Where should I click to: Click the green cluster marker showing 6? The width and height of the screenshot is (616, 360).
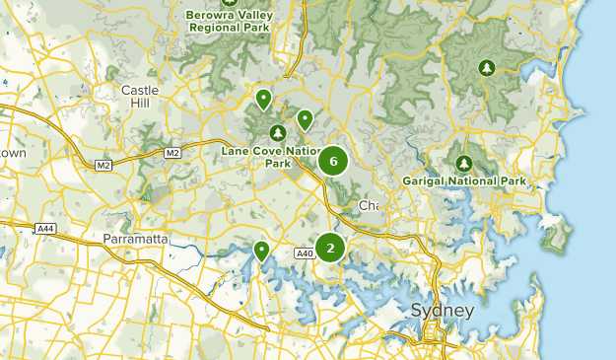pyautogui.click(x=333, y=161)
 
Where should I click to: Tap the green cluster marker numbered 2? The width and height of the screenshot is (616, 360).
pyautogui.click(x=330, y=248)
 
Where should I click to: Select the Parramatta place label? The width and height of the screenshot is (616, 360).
pyautogui.click(x=137, y=240)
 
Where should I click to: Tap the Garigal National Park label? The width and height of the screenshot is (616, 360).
pyautogui.click(x=464, y=181)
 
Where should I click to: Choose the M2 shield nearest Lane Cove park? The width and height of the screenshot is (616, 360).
pyautogui.click(x=172, y=153)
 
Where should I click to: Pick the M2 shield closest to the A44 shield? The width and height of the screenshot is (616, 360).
pyautogui.click(x=103, y=164)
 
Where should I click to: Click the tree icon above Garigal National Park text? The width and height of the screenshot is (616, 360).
pyautogui.click(x=464, y=163)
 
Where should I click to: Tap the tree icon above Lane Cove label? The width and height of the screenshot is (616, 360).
pyautogui.click(x=277, y=132)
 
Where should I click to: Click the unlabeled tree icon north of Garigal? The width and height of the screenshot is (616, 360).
pyautogui.click(x=485, y=67)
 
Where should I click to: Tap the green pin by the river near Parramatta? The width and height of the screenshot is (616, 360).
pyautogui.click(x=261, y=251)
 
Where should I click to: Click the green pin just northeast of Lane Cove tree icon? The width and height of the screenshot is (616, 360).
pyautogui.click(x=306, y=119)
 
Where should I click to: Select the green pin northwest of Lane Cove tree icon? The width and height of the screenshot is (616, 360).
pyautogui.click(x=263, y=99)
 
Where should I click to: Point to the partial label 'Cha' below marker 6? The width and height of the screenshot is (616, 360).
pyautogui.click(x=368, y=206)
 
